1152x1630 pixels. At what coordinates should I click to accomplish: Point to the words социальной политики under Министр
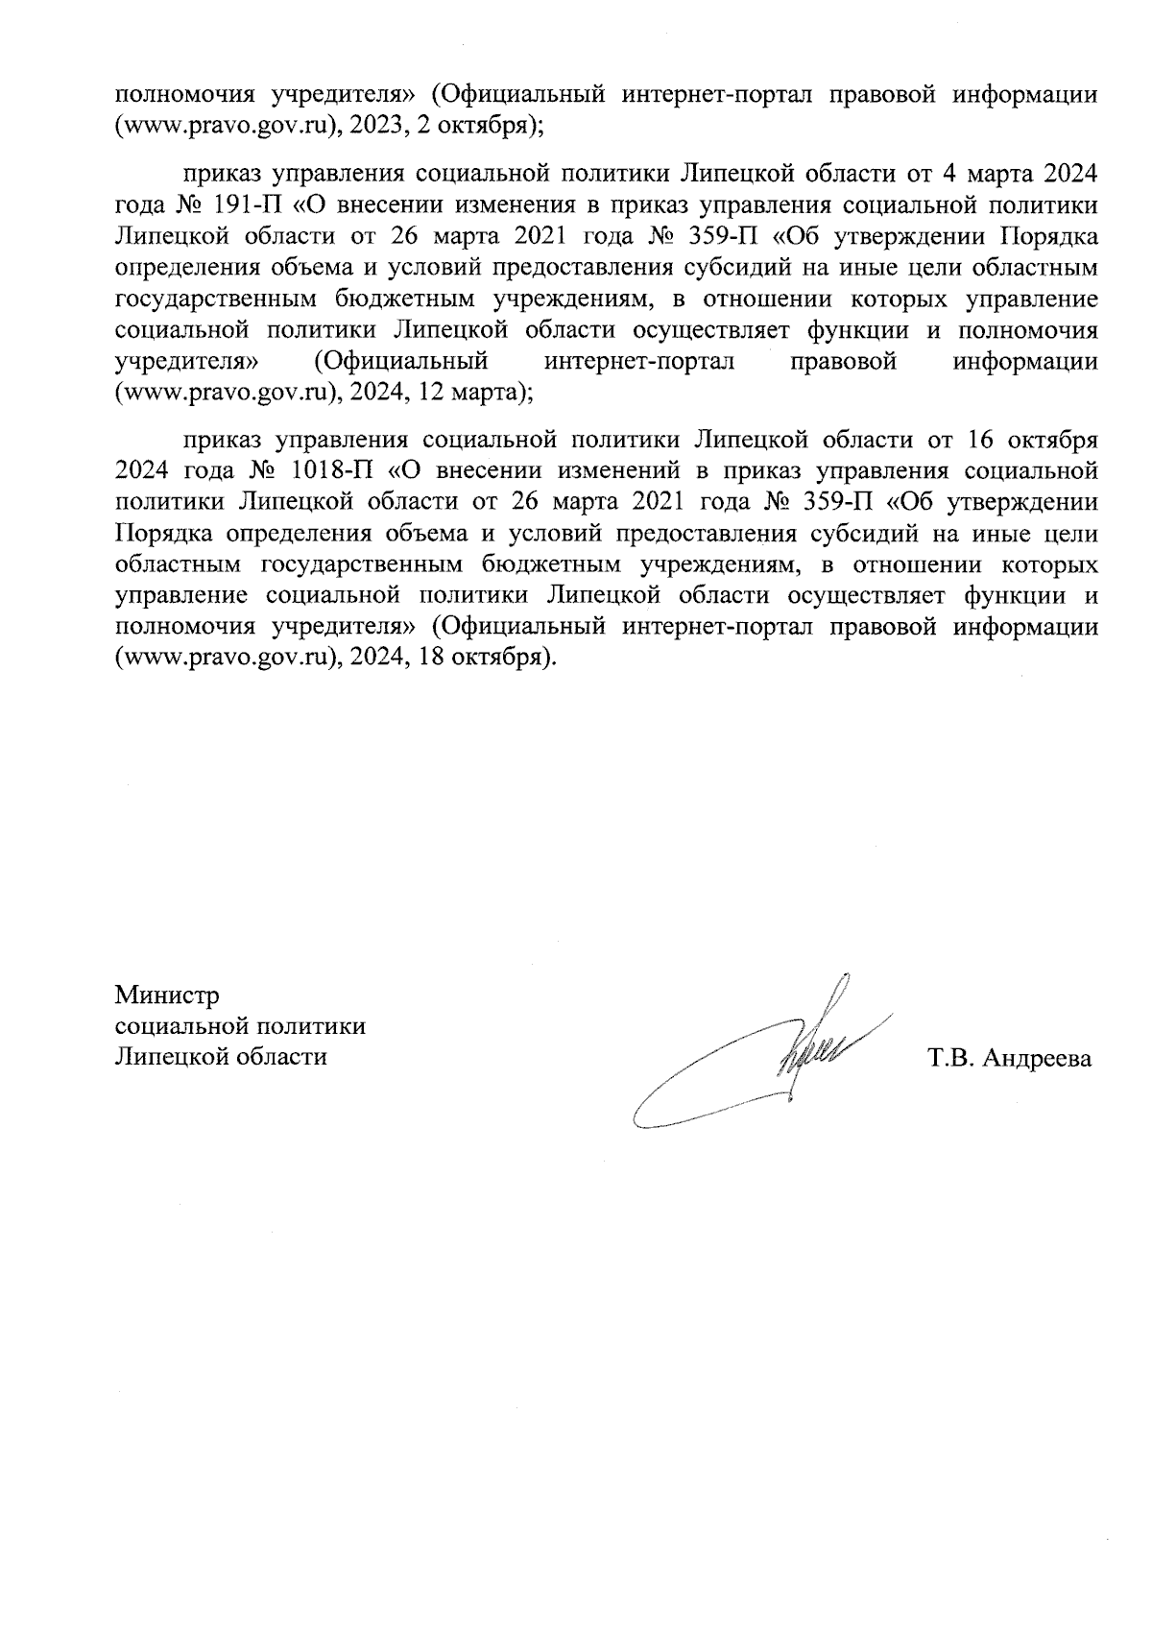240,1026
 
